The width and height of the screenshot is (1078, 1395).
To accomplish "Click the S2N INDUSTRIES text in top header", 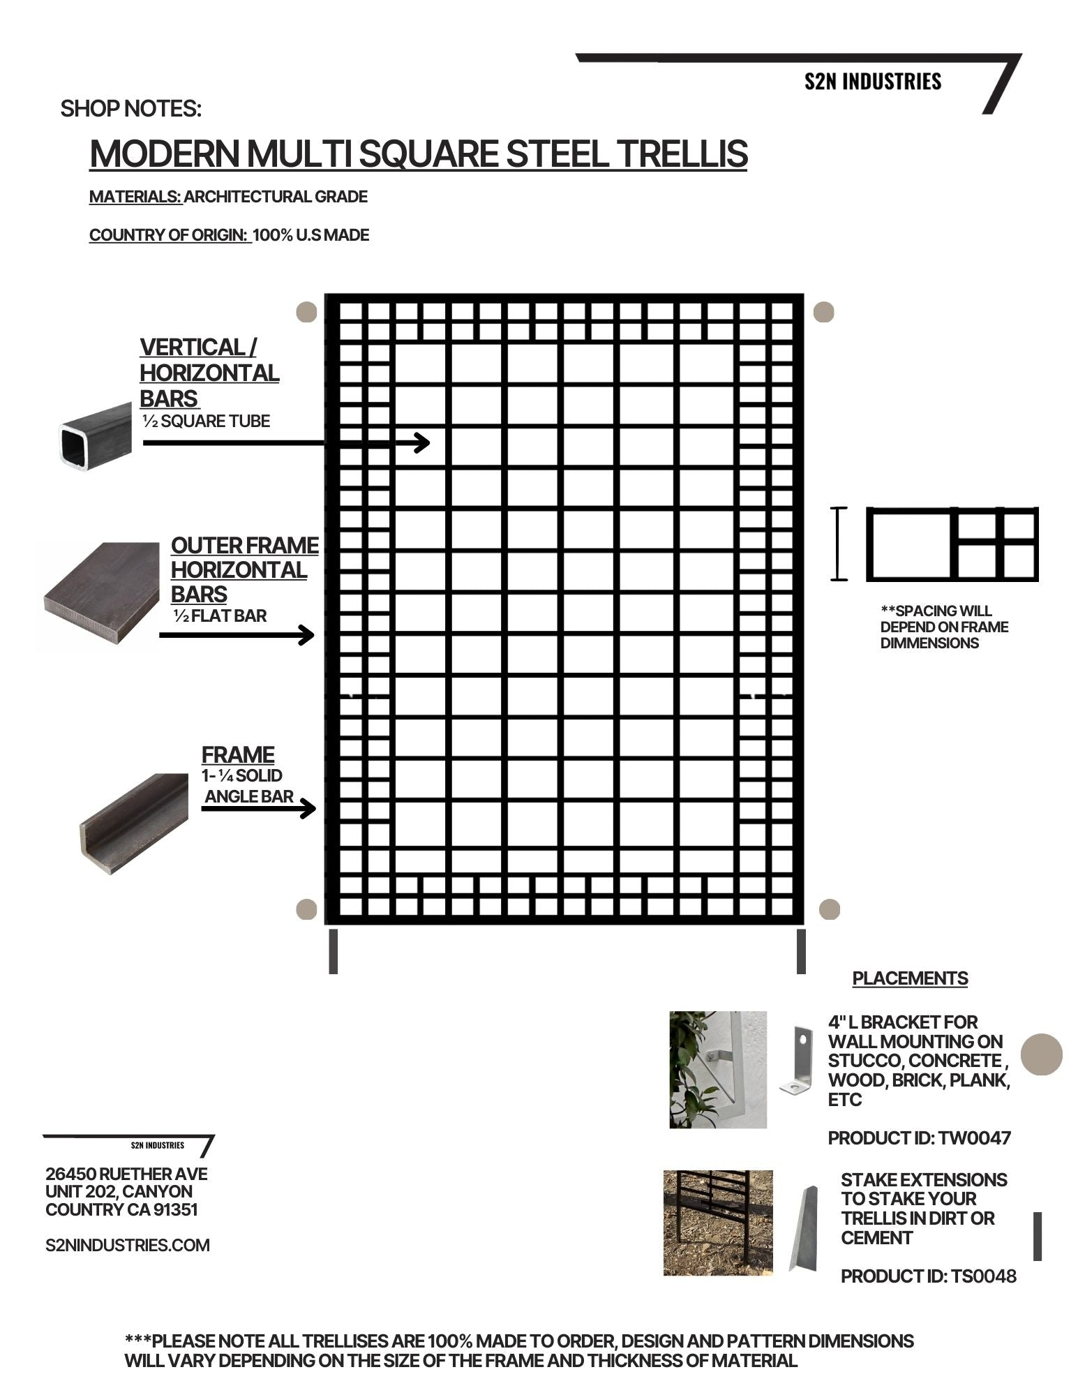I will [x=872, y=82].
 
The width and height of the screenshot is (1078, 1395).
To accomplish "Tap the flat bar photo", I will [x=101, y=595].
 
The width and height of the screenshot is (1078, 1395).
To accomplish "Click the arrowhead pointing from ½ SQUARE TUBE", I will [x=424, y=442].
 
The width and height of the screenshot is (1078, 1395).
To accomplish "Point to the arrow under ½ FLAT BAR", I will [x=237, y=635].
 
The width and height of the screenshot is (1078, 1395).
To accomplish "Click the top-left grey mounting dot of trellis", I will [x=306, y=312].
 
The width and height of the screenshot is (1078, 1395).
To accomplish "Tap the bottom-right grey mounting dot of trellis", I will [x=829, y=909].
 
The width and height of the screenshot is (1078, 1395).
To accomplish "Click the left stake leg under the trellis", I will [x=334, y=951].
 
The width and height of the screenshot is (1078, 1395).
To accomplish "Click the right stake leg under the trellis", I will [x=801, y=951].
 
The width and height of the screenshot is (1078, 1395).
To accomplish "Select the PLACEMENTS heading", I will [x=910, y=978].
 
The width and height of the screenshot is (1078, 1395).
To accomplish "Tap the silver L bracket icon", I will [x=798, y=1061].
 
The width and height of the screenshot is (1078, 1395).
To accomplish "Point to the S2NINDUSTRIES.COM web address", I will [x=128, y=1246].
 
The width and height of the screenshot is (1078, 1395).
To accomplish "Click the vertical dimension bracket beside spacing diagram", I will [x=839, y=544].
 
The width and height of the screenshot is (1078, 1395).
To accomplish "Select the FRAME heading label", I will [x=238, y=754].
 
